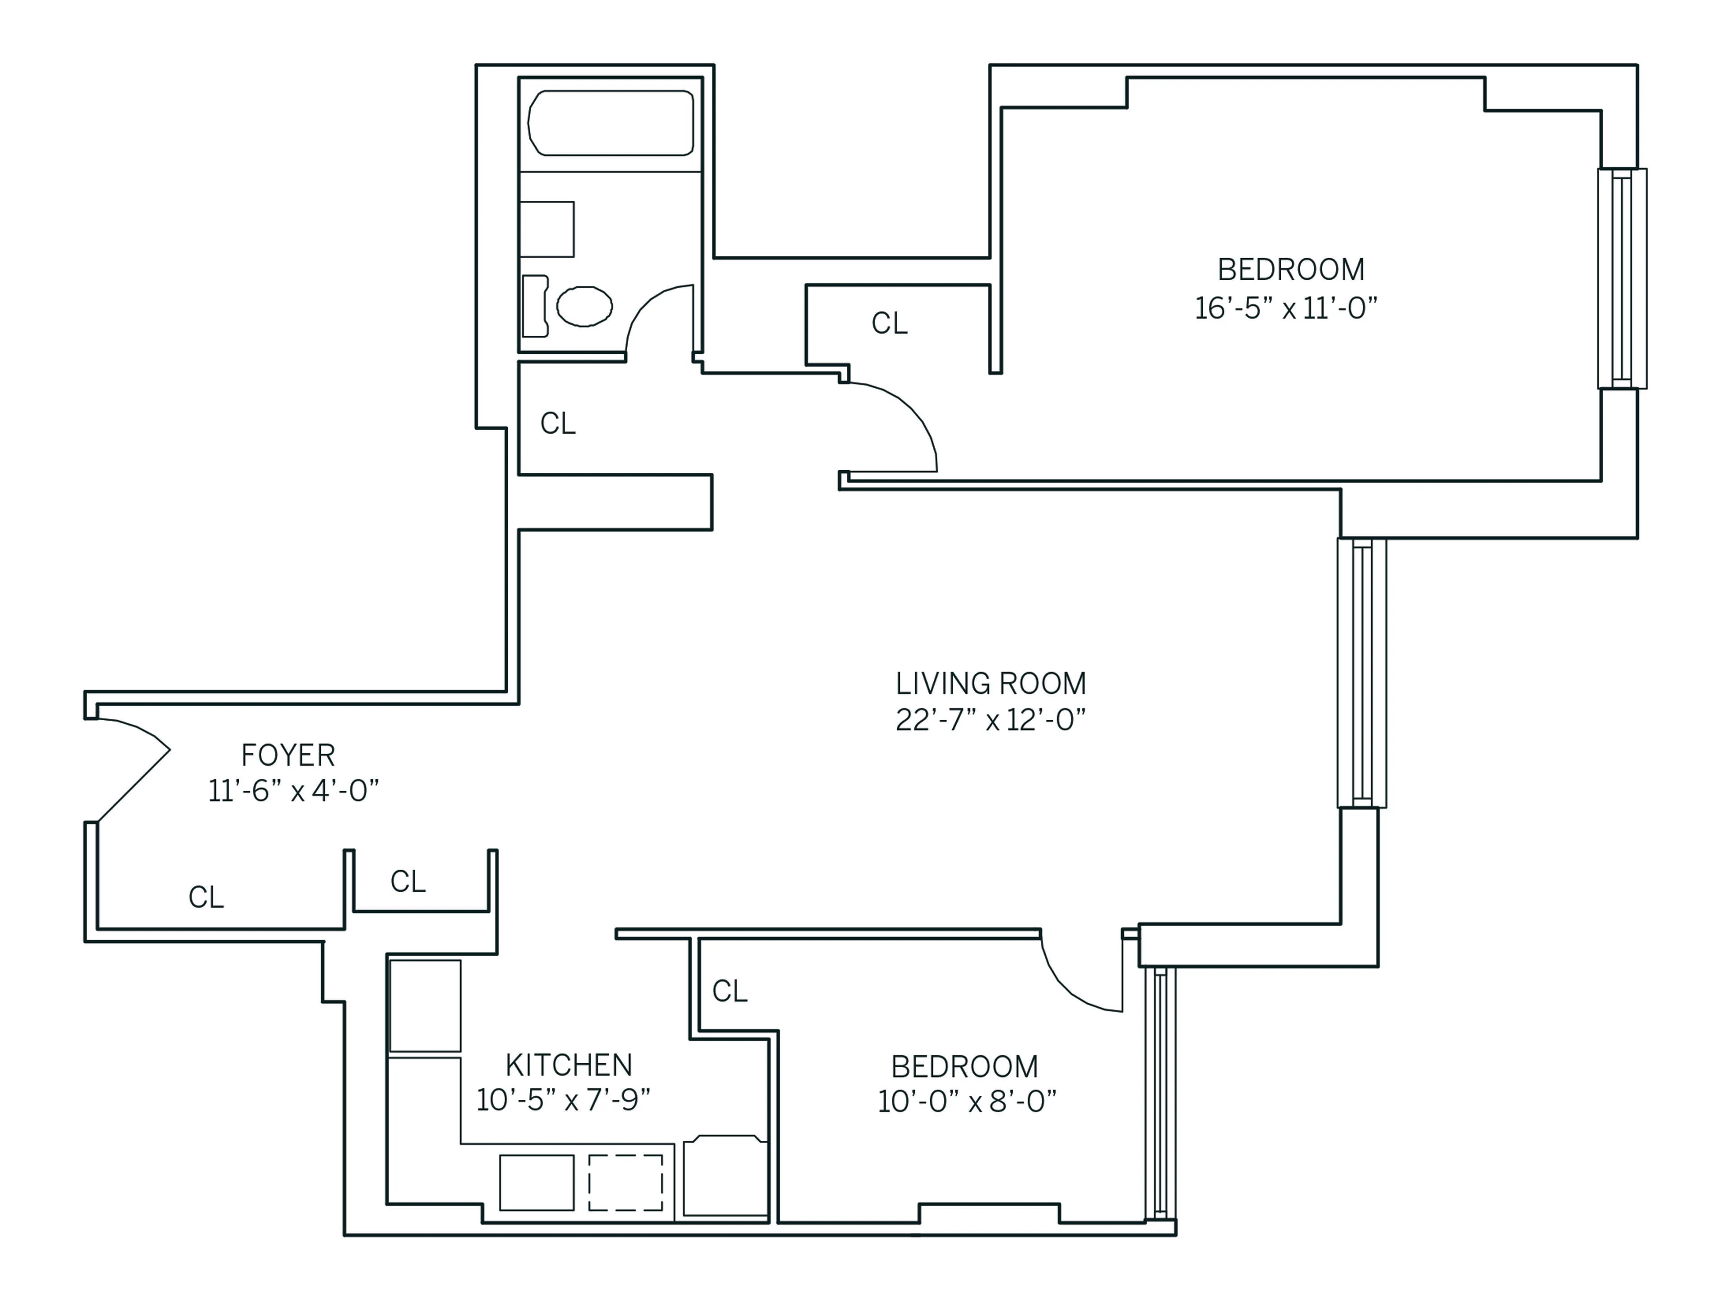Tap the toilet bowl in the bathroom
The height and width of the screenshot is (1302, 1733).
[x=584, y=306]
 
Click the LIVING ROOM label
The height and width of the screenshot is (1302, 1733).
[x=990, y=684]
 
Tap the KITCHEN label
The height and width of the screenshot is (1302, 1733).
[x=568, y=1066]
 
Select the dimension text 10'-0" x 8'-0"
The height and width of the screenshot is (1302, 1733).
[x=967, y=1102]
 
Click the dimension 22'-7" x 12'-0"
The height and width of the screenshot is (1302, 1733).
[x=990, y=720]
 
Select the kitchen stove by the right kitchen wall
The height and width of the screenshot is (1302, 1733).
[x=725, y=1177]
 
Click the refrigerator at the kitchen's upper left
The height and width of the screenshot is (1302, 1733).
[x=425, y=1006]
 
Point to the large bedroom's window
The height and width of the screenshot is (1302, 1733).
[x=1622, y=278]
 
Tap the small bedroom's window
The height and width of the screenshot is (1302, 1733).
[x=1160, y=1093]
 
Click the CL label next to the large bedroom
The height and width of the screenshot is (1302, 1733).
[x=889, y=323]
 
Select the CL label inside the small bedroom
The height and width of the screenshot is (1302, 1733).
[x=729, y=991]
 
